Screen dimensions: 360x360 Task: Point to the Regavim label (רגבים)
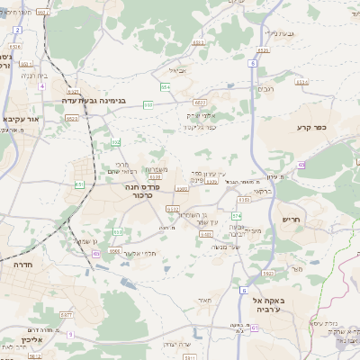[x=265, y=88]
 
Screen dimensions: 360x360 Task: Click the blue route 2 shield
[x=17, y=29]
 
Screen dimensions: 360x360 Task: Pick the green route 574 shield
[x=237, y=216]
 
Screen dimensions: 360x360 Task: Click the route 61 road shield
[x=255, y=328]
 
